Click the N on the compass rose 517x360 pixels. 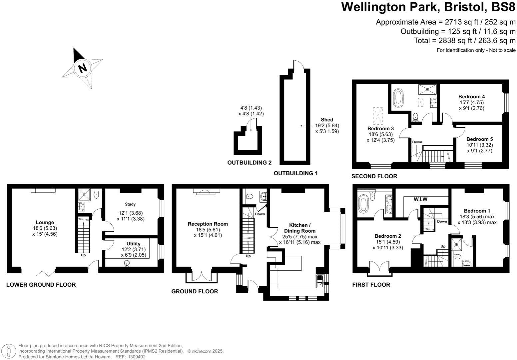coord(82,68)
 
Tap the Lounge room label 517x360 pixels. coord(45,222)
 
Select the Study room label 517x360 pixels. coord(131,204)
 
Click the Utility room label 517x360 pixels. coord(133,244)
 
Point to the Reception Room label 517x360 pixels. coord(208,224)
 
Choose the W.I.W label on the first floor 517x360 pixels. coord(420,199)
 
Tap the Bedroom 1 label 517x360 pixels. coord(477,211)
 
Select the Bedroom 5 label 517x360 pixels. coord(479,139)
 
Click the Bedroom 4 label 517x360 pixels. coord(471,97)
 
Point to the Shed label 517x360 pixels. coord(327,120)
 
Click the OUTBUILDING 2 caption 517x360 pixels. coord(250,163)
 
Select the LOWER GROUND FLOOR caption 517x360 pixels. coord(41,285)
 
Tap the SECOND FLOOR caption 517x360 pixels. coord(374,176)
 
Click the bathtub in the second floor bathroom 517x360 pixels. coord(398,97)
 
